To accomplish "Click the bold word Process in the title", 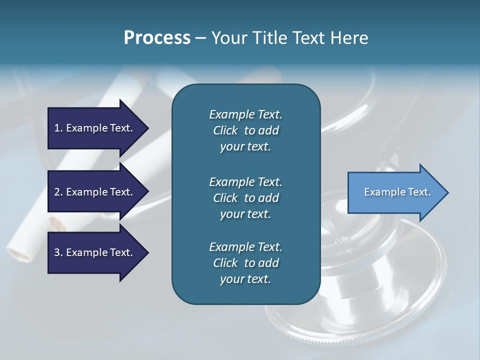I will tap(157, 37).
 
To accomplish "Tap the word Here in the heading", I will tap(349, 37).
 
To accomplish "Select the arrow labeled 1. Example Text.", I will tap(95, 128).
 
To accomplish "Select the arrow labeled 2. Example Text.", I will tap(95, 192).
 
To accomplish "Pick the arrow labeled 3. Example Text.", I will tap(95, 252).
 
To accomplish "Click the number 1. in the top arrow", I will tap(58, 128).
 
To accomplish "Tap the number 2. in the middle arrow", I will tap(58, 192).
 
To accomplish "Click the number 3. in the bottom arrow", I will tap(58, 252).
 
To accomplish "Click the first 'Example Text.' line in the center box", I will tap(245, 114).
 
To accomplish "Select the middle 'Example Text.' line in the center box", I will tap(245, 181).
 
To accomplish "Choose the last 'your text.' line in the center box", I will tap(245, 279).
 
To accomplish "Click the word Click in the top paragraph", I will tap(225, 130).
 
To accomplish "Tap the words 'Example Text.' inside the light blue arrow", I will tap(397, 192).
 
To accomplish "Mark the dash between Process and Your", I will tap(200, 38).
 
